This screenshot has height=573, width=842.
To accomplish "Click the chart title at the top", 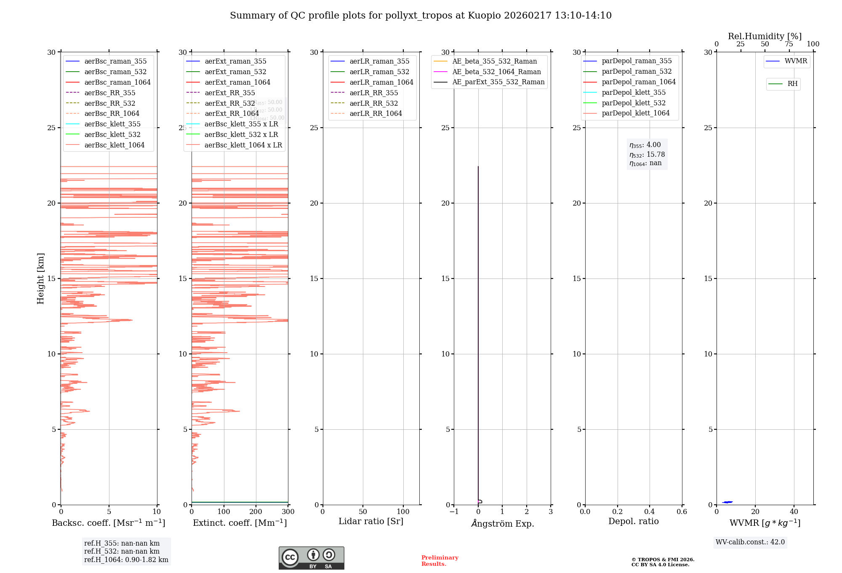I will [421, 16].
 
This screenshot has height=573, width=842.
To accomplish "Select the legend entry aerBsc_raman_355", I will [115, 62].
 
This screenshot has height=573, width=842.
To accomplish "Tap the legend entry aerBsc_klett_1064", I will [114, 145].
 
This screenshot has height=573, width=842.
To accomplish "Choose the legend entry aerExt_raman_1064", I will [237, 82].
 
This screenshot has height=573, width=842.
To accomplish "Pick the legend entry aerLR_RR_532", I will [373, 103].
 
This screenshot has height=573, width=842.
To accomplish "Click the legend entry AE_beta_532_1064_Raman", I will [496, 72].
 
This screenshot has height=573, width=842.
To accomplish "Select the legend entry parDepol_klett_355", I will [634, 92].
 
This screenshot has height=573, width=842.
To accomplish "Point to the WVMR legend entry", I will [796, 61].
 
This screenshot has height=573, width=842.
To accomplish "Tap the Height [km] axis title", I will [40, 278].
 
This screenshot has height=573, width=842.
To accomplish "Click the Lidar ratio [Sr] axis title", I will [371, 521].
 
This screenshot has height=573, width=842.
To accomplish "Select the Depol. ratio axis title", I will [633, 521].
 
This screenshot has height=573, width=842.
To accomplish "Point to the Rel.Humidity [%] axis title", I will [765, 36].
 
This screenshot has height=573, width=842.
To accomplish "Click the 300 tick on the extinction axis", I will [288, 512].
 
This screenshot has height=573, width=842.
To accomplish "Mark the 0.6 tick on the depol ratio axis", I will [682, 512].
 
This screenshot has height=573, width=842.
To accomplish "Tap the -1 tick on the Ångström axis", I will [454, 512].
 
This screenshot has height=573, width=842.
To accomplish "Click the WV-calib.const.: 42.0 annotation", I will [750, 542].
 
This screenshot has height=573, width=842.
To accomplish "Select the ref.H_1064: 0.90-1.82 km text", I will [126, 560].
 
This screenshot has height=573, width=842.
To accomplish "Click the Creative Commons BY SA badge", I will [311, 558].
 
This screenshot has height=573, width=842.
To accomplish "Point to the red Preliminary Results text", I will [440, 561].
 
